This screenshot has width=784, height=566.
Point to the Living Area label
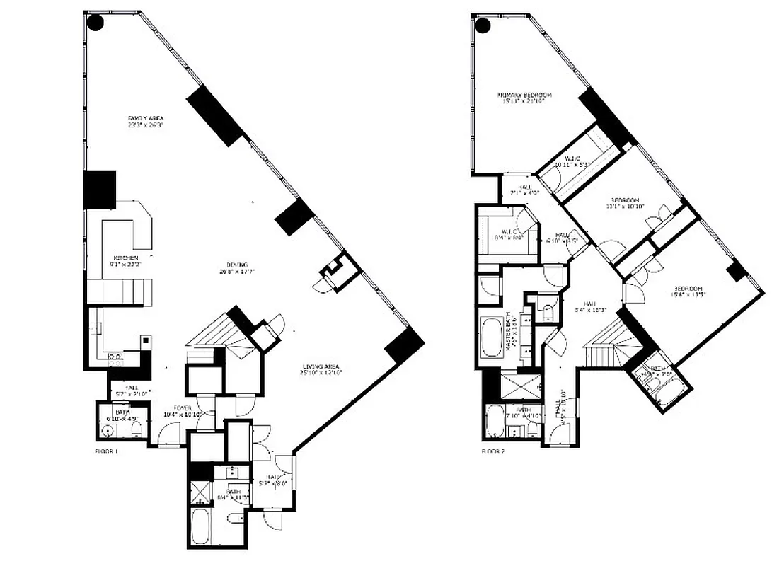tap(321, 369)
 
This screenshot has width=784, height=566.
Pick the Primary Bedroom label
tap(524, 98)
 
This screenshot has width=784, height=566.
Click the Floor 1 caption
tap(106, 450)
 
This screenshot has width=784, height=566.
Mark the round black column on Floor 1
tap(95, 23)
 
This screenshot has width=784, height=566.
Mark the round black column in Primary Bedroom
tap(483, 27)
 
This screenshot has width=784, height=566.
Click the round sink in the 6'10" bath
tap(108, 427)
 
